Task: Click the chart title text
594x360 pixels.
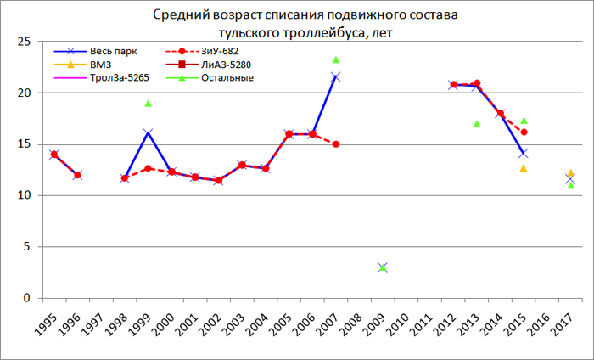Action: (x=297, y=24)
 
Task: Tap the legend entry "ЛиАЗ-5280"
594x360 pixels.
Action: (x=205, y=65)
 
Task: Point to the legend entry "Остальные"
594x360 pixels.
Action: (x=204, y=78)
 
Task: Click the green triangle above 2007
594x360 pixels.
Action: (x=336, y=59)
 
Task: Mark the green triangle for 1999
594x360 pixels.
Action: (x=148, y=103)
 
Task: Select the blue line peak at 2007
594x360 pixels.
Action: (x=335, y=77)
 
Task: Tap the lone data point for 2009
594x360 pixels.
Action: (x=383, y=267)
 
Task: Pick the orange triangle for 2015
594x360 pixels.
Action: (x=524, y=168)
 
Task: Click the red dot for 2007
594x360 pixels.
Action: (x=336, y=144)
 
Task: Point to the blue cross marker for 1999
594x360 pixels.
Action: (x=148, y=132)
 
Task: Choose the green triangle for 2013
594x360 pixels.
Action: (x=477, y=123)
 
